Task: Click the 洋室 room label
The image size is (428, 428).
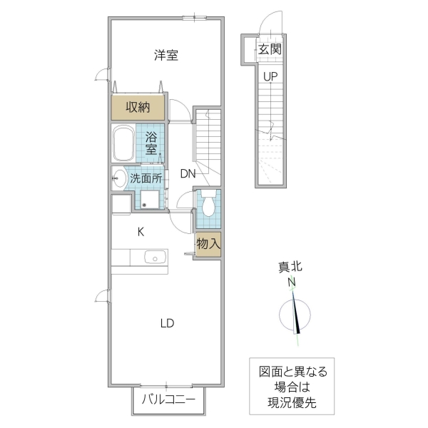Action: coord(165,56)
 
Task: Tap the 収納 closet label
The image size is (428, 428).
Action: coord(138,108)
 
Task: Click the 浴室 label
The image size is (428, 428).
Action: coord(152,143)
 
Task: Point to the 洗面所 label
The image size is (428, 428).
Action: coord(146,178)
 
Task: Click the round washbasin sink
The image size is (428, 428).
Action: coord(118,178)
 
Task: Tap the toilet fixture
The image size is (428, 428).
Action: coord(208,204)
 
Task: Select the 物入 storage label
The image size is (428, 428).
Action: coord(209,244)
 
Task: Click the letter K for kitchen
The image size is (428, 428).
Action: coord(141,231)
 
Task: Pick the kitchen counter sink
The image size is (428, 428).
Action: coord(154,258)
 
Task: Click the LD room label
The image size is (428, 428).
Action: coord(166,323)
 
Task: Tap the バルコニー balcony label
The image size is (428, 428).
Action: coord(168,400)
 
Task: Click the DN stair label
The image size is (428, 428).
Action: coord(188,173)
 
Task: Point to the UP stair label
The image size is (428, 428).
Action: coord(270,76)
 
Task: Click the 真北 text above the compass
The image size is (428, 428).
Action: coord(290,267)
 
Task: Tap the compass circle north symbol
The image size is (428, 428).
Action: coord(297,315)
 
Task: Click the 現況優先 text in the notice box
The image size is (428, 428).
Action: coord(292,402)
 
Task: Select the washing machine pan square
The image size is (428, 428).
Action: coord(151,199)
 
